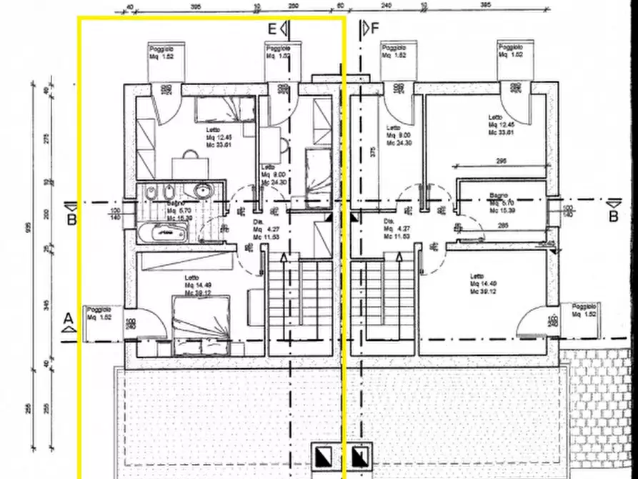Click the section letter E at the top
click(271, 29)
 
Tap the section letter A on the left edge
click(69, 317)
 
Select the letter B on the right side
click(612, 216)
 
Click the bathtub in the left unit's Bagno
click(163, 232)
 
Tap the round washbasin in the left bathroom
click(203, 192)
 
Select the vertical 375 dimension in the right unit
click(372, 151)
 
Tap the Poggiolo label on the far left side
click(100, 313)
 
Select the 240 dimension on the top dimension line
click(386, 4)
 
